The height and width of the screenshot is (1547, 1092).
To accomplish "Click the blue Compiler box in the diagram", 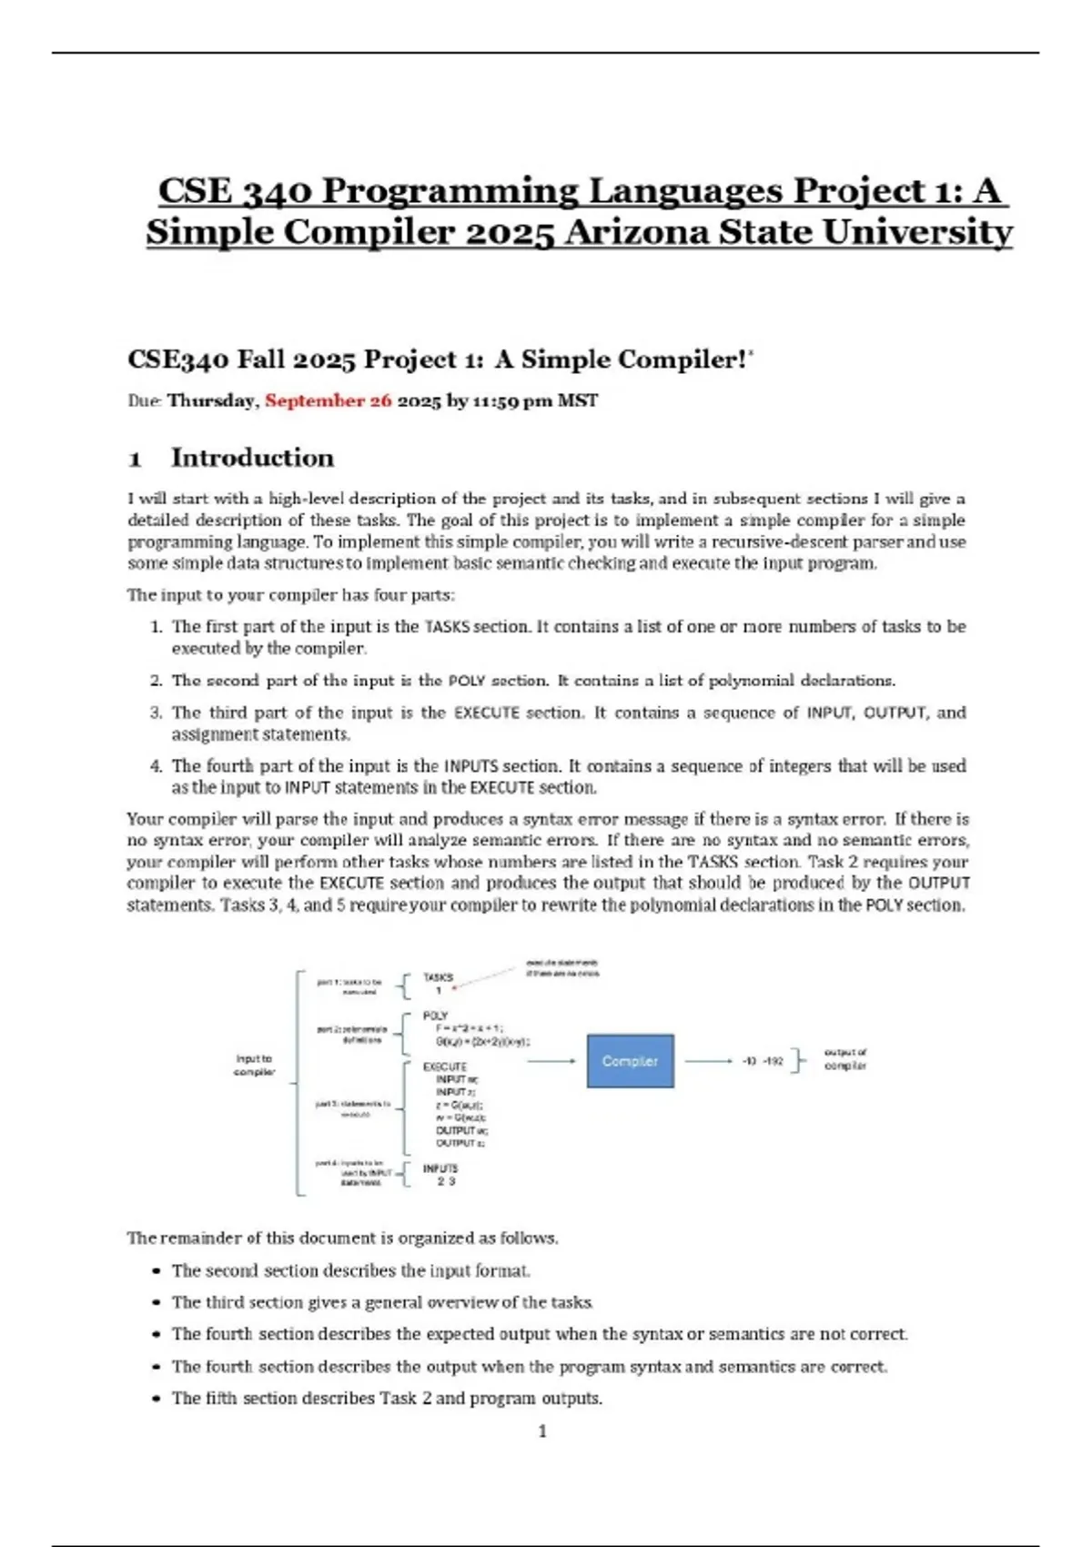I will point(630,1061).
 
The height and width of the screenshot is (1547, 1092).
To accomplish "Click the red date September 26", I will point(328,400).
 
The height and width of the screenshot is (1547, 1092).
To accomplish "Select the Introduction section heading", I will point(252,458).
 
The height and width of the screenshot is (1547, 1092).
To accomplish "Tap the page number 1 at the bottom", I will point(543,1431).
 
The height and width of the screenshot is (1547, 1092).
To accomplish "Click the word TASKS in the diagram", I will point(438,977).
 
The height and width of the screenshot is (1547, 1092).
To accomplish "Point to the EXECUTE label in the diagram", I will point(444,1067).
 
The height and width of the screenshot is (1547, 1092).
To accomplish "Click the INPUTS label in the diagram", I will point(440,1168).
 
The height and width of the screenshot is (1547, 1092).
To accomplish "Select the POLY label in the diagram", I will point(435,1016).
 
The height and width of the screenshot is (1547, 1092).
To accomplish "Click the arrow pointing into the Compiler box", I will point(551,1061).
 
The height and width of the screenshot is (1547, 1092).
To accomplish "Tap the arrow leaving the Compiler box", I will point(708,1061).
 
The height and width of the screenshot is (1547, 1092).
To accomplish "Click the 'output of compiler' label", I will point(845,1058).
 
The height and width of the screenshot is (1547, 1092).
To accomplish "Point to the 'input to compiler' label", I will point(254,1065).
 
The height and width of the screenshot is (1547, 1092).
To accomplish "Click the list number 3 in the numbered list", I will point(156,713).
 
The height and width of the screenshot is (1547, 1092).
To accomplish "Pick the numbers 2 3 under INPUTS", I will point(446,1181).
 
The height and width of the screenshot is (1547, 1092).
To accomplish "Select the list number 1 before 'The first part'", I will point(156,627).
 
